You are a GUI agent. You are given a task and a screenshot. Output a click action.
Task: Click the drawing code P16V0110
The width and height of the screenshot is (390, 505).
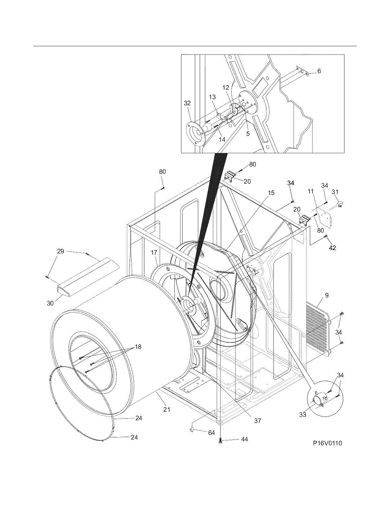click(x=327, y=443)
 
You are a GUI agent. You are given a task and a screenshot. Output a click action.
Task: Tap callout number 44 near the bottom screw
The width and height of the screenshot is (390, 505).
click(x=244, y=439)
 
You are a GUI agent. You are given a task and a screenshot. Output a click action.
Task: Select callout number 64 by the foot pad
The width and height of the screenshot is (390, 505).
click(x=211, y=433)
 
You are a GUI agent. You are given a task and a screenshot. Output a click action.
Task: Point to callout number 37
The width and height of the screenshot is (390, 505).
click(x=258, y=421)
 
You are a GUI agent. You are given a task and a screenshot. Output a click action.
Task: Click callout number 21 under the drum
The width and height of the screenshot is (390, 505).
click(x=166, y=409)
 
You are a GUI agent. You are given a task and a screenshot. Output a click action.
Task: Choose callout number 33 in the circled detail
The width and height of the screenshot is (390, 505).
click(x=303, y=415)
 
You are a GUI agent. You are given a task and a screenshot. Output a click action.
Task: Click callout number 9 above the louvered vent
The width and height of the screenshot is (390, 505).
click(x=327, y=295)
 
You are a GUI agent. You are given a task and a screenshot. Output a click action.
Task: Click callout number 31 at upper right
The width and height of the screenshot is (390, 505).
click(x=335, y=192)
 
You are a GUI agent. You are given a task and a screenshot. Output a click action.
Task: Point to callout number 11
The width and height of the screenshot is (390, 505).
click(x=311, y=192)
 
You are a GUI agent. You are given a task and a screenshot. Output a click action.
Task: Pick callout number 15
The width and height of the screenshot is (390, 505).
click(x=271, y=193)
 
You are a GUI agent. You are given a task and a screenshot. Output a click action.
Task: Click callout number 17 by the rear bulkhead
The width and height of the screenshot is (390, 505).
click(x=154, y=252)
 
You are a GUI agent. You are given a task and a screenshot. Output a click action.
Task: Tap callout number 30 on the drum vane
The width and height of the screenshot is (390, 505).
click(x=50, y=303)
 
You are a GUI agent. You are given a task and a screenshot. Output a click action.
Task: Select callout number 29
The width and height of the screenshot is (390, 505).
click(x=61, y=251)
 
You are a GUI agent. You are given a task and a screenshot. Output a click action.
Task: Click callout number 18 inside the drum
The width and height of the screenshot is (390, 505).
click(x=138, y=347)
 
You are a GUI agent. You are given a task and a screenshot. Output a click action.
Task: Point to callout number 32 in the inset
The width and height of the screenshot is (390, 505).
click(x=187, y=103)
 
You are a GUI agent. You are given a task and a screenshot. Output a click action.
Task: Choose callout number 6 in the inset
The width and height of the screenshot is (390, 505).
click(x=319, y=71)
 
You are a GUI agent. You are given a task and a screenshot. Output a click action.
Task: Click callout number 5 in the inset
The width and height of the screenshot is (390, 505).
click(x=248, y=133)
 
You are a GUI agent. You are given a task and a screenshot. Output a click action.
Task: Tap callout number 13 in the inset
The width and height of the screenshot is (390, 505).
click(x=212, y=97)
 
